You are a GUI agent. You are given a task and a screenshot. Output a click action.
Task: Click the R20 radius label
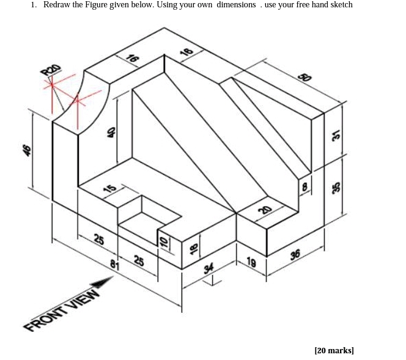[x=51, y=71]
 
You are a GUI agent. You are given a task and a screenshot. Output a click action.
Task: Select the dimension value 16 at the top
[x=131, y=59]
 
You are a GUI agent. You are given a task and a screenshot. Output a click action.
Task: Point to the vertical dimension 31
[x=336, y=136]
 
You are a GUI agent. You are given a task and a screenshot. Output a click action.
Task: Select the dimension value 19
[x=251, y=262]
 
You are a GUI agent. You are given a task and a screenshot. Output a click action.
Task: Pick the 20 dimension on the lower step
[x=264, y=210]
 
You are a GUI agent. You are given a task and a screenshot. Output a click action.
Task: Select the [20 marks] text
[x=334, y=350]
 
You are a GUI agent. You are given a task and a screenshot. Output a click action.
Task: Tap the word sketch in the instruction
[x=339, y=5]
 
